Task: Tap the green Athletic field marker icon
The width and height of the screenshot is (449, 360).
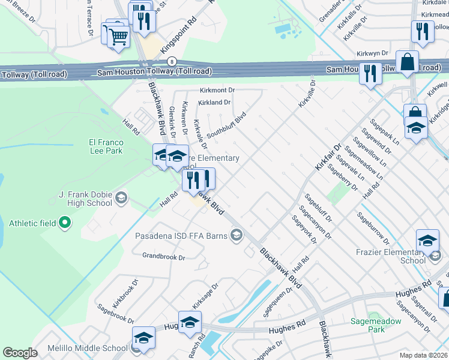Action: [65, 224]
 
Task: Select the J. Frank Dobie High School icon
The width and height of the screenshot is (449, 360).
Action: [121, 197]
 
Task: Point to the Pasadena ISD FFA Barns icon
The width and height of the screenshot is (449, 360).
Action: [238, 235]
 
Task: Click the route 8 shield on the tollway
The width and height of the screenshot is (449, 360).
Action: [172, 61]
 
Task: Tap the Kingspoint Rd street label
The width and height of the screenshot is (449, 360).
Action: [184, 39]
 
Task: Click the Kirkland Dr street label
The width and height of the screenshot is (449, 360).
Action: [215, 103]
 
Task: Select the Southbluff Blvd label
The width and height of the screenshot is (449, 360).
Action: [226, 124]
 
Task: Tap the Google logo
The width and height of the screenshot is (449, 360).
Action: [20, 352]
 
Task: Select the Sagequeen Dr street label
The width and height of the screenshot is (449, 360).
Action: [277, 302]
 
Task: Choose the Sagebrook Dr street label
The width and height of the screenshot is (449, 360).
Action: [114, 305]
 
